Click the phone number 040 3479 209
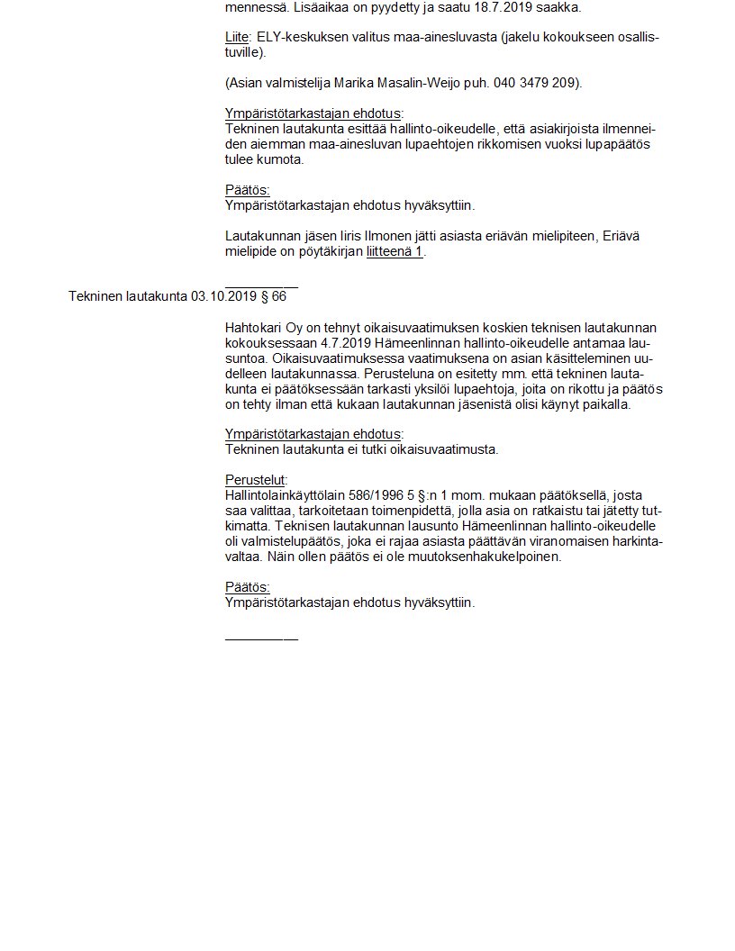[534, 83]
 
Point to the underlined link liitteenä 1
[395, 251]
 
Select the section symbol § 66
[272, 296]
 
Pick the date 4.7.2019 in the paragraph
[347, 342]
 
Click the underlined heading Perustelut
[255, 480]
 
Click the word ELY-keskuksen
[299, 37]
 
